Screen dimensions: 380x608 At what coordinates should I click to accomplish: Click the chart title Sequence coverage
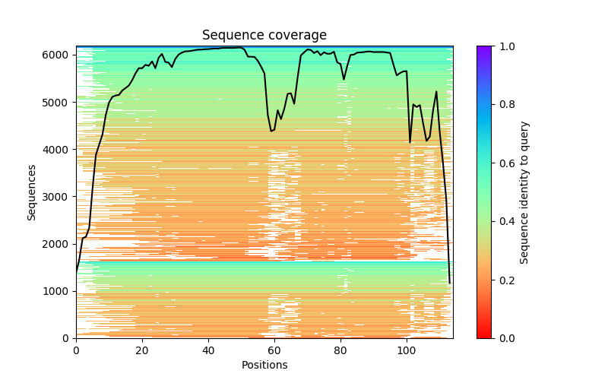(264, 36)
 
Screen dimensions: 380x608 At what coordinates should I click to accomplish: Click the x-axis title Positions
(264, 365)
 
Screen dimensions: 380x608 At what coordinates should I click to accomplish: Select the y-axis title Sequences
(32, 192)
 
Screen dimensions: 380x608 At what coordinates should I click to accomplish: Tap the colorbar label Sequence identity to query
(524, 192)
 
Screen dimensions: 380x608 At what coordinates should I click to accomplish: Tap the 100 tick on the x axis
(407, 350)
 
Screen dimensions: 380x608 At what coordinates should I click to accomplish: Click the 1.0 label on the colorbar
(505, 46)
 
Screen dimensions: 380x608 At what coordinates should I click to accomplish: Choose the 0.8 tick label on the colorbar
(505, 105)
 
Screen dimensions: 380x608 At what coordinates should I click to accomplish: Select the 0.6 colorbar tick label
(505, 163)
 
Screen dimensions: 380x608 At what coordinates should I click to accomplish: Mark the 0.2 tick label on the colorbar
(505, 280)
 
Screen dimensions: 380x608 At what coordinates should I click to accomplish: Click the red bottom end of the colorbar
(483, 335)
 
